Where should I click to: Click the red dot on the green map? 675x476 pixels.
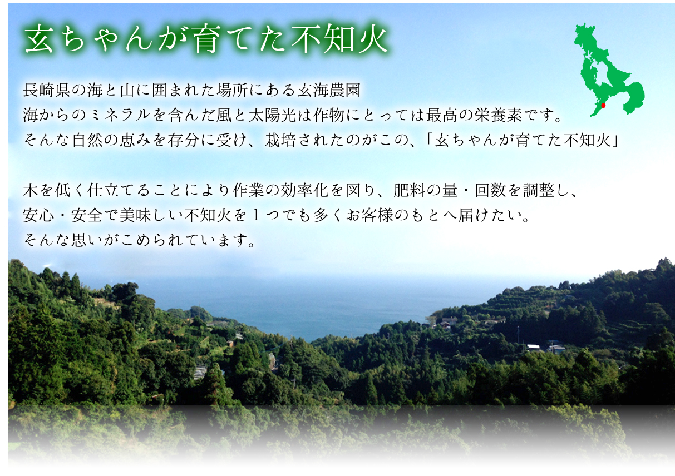click(603, 105)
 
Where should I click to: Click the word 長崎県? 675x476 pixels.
click(47, 89)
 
